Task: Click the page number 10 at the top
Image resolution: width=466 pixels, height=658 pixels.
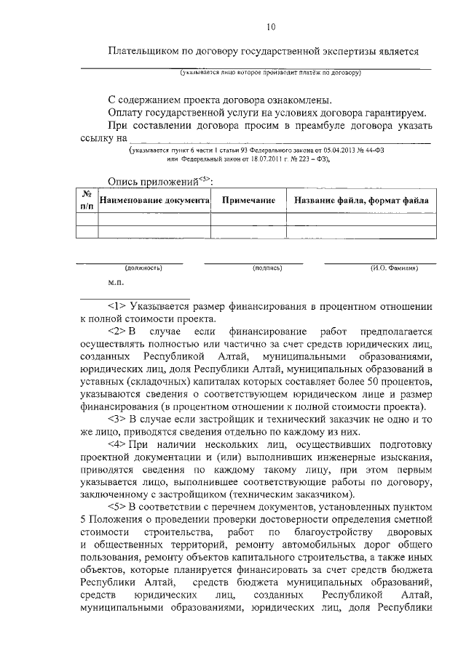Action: (271, 28)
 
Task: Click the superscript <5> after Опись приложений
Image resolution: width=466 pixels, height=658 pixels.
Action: (205, 178)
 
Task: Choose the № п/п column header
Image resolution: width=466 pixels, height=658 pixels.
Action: (87, 200)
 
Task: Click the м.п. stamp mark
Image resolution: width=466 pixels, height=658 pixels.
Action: (115, 281)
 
